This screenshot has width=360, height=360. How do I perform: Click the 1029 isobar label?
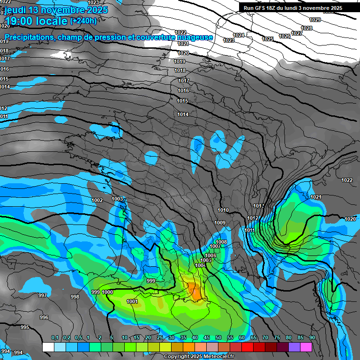coord(315,20)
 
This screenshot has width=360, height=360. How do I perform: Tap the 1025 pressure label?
coord(268,39)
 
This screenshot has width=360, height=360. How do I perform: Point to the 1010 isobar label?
coord(223,210)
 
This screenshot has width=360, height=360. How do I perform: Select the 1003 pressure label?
coord(117,199)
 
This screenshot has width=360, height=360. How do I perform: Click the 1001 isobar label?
coord(132,301)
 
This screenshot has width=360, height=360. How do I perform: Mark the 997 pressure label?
coord(43,295)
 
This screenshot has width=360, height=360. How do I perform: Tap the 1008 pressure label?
coord(221,242)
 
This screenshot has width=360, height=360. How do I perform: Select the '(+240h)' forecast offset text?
coord(83,21)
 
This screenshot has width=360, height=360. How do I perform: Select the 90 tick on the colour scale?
coord(312,338)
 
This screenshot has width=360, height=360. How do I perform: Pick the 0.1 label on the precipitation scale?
coord(55,338)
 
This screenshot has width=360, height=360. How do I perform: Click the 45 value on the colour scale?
coord(207,338)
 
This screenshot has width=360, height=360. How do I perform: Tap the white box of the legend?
coord(48,347)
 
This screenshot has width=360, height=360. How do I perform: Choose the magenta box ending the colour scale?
coord(306,347)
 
